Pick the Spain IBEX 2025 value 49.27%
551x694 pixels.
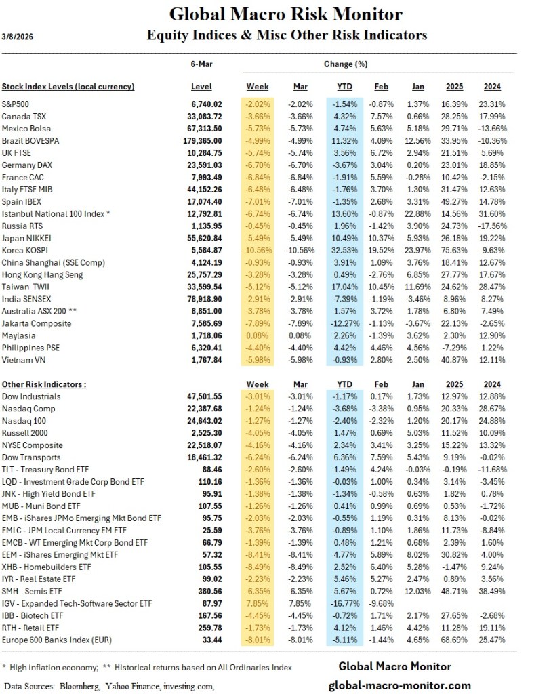[459, 201]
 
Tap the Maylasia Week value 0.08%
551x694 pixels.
[257, 335]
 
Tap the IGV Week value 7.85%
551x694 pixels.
[257, 604]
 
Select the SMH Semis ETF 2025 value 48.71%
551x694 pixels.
[459, 592]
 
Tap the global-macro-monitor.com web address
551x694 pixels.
[399, 685]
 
